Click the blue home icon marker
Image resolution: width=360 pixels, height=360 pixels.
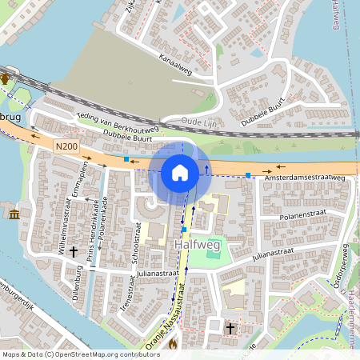(180, 172)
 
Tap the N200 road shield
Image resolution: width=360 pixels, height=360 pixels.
(66, 146)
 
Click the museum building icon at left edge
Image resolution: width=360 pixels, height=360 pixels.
(15, 214)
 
